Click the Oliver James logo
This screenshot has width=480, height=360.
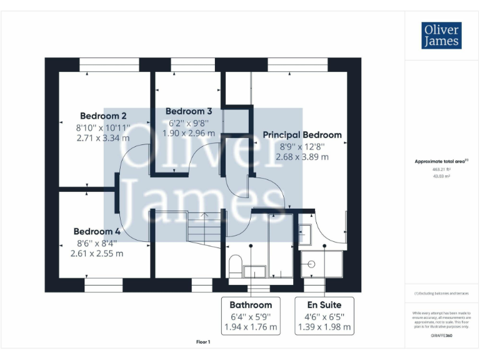tap(441, 36)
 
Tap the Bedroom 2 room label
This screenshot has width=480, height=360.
tap(103, 116)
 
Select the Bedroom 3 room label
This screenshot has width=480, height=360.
tap(189, 111)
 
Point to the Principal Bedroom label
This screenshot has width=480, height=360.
tap(302, 134)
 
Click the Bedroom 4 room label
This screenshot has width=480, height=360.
tap(97, 231)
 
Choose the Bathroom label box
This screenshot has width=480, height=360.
tap(251, 316)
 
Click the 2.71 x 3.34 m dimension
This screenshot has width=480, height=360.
tap(103, 137)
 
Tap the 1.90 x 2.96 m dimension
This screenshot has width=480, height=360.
tap(189, 133)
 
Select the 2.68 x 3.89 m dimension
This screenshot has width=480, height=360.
tap(302, 157)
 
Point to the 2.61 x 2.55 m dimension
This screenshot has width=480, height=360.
tap(97, 253)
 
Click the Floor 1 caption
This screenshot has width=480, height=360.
tap(203, 342)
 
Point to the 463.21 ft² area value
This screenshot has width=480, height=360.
tap(441, 169)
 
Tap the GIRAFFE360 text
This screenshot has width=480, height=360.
tap(441, 336)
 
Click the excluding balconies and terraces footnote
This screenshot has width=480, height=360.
tap(441, 293)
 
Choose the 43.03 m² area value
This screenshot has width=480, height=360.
tap(441, 176)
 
